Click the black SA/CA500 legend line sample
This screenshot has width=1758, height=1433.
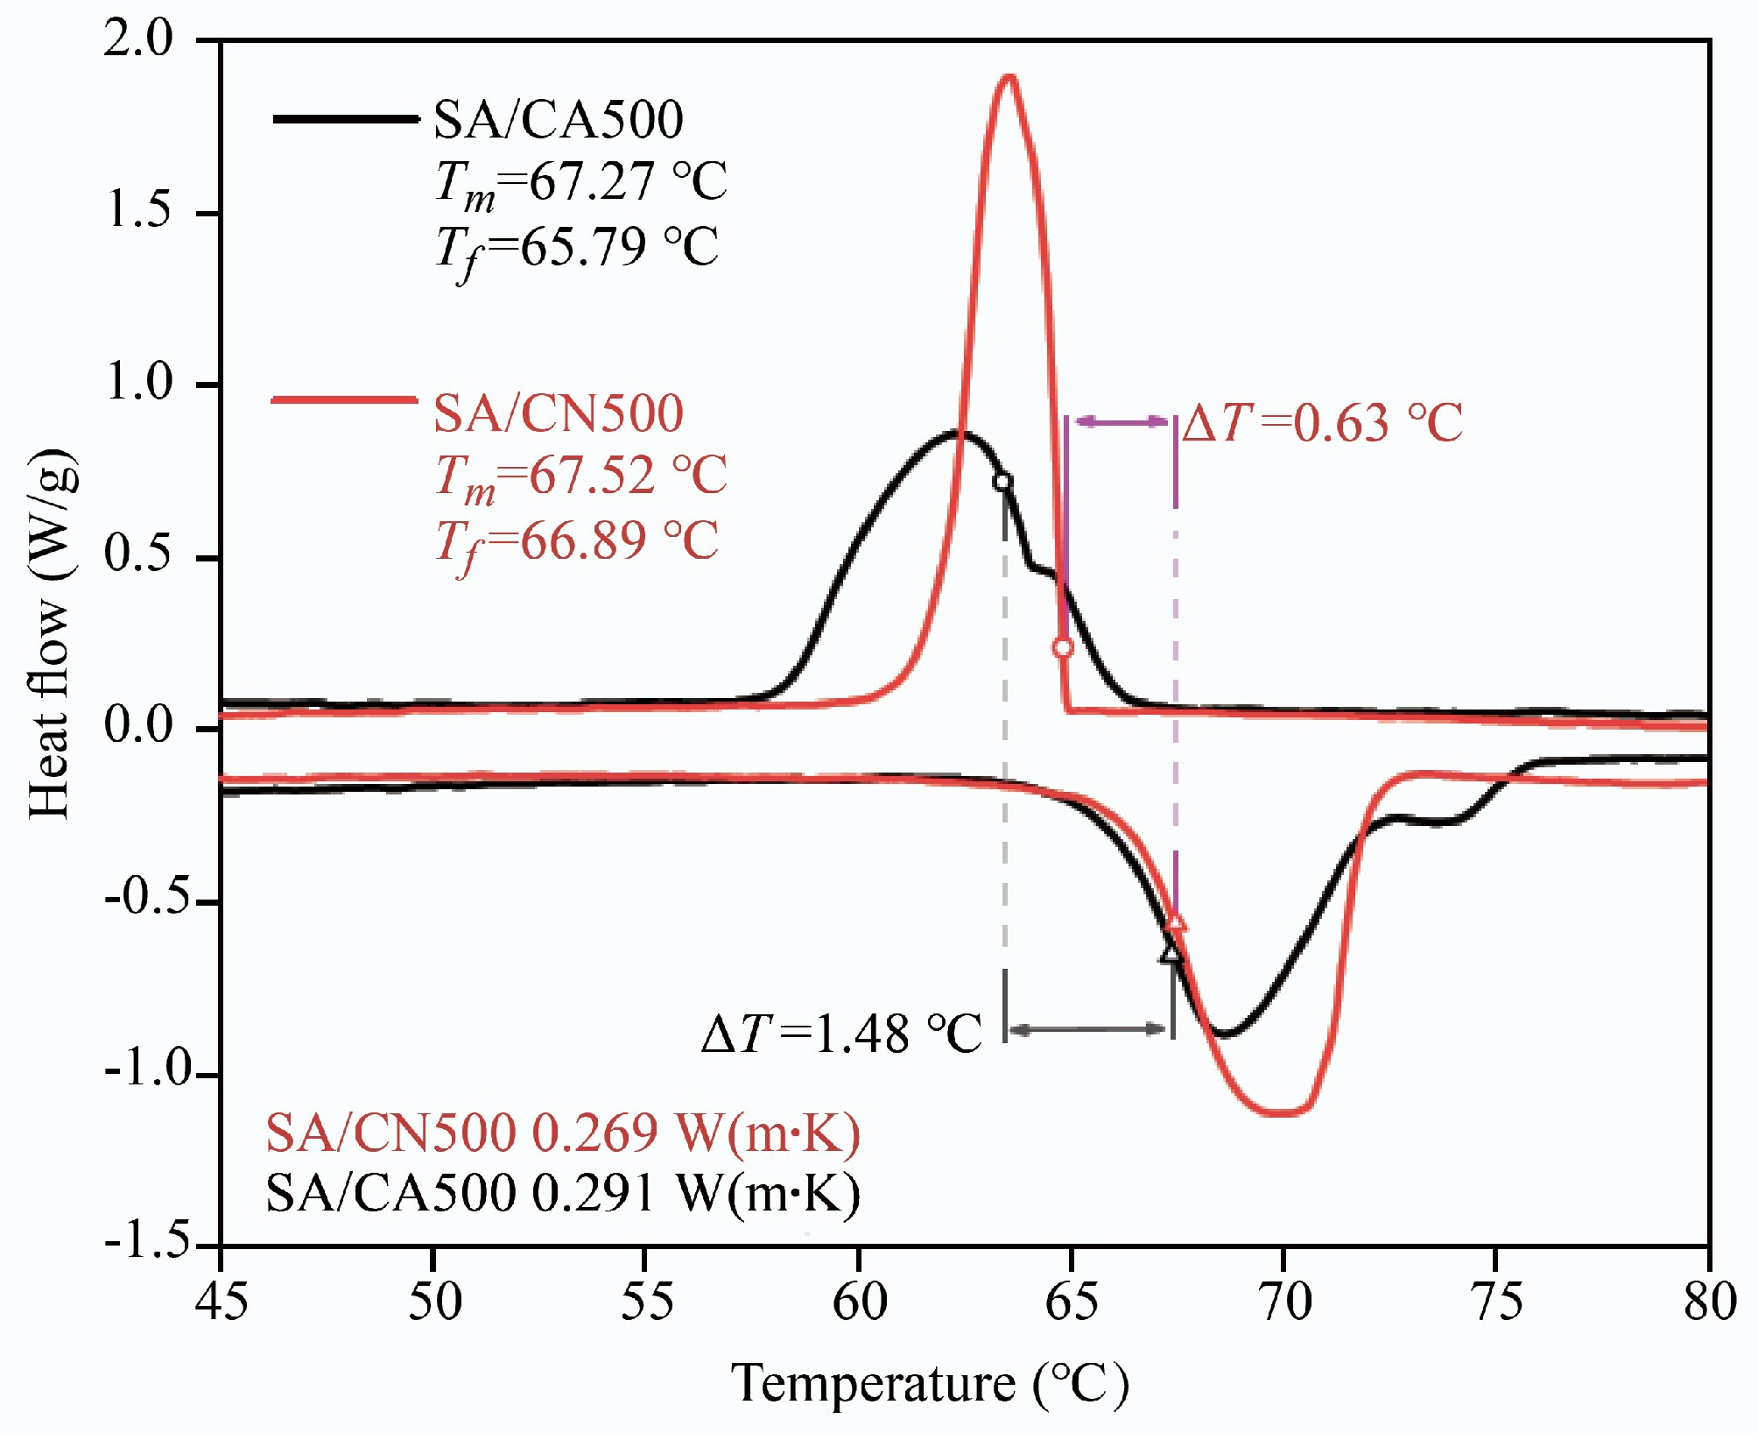(x=346, y=119)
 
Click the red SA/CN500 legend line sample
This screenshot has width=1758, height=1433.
(x=344, y=400)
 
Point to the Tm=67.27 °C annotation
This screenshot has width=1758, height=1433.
(x=581, y=183)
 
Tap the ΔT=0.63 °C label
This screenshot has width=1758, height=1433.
(x=1322, y=423)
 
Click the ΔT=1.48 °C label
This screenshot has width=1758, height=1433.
(x=841, y=1034)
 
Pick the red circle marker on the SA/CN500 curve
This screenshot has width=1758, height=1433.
(x=1063, y=648)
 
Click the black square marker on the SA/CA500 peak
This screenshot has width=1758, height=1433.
(x=1002, y=481)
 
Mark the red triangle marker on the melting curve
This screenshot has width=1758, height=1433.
(x=1176, y=921)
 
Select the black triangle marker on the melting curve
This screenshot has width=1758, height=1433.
(x=1171, y=953)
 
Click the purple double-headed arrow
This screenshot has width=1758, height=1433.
(x=1121, y=422)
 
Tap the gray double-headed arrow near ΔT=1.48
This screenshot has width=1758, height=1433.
(x=1088, y=1029)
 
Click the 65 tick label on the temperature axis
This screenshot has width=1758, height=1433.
(x=1071, y=1302)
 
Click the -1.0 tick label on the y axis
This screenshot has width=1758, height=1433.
(x=147, y=1070)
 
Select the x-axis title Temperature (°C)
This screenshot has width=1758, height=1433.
(x=930, y=1385)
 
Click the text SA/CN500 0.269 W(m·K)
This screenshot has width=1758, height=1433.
(x=563, y=1133)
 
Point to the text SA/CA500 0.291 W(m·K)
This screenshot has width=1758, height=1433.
(x=563, y=1193)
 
